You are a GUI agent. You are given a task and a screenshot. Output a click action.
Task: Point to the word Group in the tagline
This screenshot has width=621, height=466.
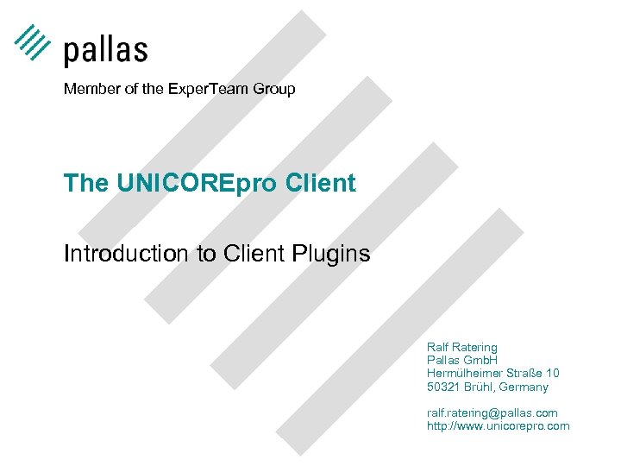click(273, 89)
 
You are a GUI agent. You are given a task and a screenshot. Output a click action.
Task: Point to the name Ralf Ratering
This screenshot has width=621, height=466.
click(461, 346)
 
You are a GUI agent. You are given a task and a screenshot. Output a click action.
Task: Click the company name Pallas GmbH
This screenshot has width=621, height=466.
click(462, 359)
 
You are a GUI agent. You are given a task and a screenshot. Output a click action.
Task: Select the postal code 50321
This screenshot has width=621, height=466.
click(443, 387)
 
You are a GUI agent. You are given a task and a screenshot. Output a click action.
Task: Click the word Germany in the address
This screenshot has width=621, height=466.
click(523, 387)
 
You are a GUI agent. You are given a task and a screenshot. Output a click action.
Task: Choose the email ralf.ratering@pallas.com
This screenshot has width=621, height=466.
click(492, 412)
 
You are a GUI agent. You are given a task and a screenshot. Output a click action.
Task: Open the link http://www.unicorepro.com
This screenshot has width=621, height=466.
click(498, 425)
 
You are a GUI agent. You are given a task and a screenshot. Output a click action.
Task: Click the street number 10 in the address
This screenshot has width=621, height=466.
click(552, 373)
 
